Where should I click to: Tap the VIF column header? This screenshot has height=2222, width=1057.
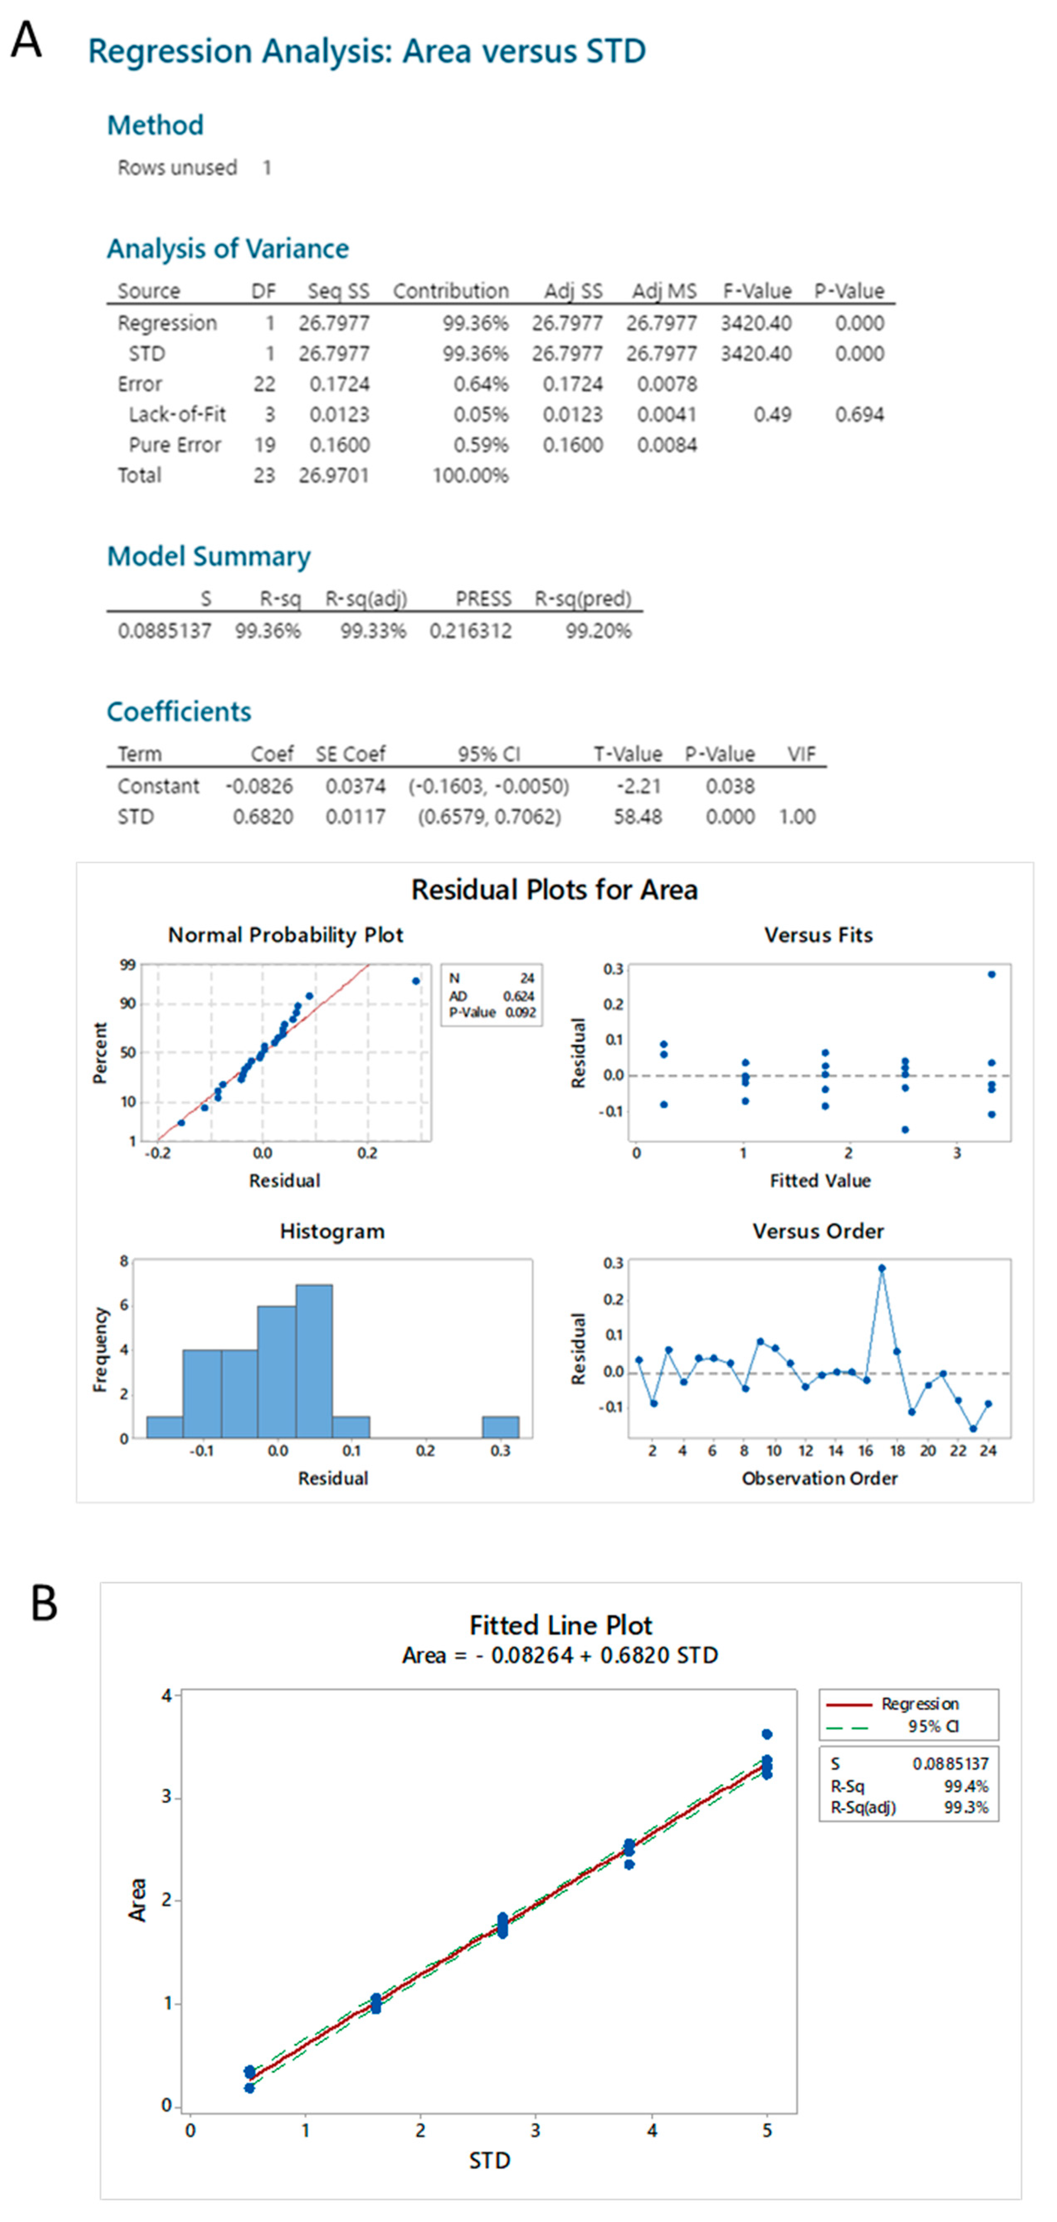[x=801, y=755]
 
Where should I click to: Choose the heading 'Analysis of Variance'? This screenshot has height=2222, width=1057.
[x=228, y=249]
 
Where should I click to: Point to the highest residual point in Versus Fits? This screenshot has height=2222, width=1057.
[x=991, y=975]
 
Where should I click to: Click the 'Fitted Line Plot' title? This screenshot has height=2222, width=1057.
[x=560, y=1626]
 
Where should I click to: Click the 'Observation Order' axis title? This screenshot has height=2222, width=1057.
[x=819, y=1479]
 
